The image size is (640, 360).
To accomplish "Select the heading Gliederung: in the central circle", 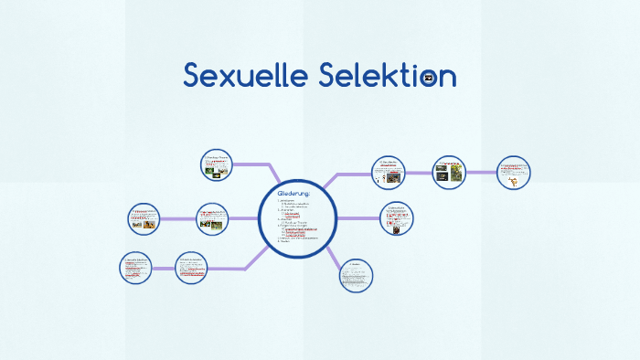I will coord(293,193).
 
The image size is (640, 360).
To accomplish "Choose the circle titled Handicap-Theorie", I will coord(217,165).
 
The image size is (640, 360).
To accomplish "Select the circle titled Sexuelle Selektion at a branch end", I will coord(136,268).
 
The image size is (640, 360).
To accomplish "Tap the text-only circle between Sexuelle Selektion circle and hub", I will coord(192,268).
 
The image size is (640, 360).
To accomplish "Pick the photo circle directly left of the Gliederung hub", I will coord(214,218).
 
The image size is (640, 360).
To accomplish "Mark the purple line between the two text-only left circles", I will coord(164,269).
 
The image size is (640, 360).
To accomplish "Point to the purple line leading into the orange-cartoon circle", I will coord(482,171).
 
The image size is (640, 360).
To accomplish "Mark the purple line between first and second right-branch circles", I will coord(418,171).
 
